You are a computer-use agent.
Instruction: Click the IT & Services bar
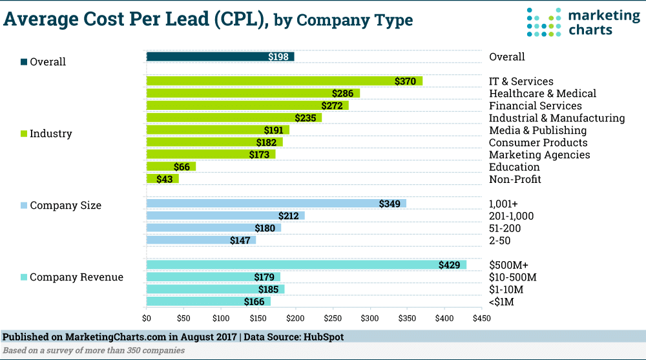click(284, 81)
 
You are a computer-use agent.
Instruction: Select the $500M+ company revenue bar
click(306, 265)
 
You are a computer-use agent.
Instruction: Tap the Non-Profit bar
click(162, 179)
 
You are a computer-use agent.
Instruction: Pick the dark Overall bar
click(220, 57)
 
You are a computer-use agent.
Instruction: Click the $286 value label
click(342, 94)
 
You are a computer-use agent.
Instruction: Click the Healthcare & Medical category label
click(542, 94)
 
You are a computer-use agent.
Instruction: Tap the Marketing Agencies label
click(539, 155)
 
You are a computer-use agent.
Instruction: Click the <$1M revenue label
click(502, 302)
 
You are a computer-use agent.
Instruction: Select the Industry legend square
click(24, 134)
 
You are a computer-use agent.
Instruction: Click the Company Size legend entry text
click(65, 206)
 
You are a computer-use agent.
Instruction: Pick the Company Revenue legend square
click(24, 278)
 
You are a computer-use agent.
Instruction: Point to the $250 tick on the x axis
click(333, 319)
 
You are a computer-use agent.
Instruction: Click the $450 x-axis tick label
click(481, 319)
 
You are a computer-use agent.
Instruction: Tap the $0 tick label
click(147, 319)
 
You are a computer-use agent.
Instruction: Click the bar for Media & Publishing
click(218, 130)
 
